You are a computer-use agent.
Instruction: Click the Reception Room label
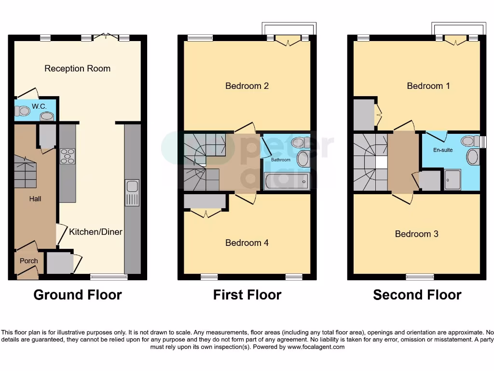[x=77, y=69]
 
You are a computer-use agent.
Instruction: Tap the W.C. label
[x=39, y=106]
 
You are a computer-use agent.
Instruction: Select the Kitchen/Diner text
[x=96, y=232]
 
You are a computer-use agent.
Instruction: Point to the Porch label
[x=28, y=261]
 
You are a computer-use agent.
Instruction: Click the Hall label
[x=35, y=199]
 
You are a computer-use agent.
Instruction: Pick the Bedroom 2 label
[x=247, y=86]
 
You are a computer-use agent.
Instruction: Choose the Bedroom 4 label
[x=247, y=243]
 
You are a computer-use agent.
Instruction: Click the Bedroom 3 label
[x=416, y=234]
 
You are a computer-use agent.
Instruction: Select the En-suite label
[x=443, y=150]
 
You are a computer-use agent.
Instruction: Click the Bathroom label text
[x=280, y=159]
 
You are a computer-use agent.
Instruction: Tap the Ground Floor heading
[x=78, y=295]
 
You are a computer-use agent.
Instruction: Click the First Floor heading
[x=247, y=295]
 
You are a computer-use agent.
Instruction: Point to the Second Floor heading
[x=417, y=295]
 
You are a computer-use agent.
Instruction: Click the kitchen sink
[x=132, y=193]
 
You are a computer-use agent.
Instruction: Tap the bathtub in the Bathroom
[x=286, y=182]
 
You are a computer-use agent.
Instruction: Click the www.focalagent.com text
[x=316, y=347]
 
